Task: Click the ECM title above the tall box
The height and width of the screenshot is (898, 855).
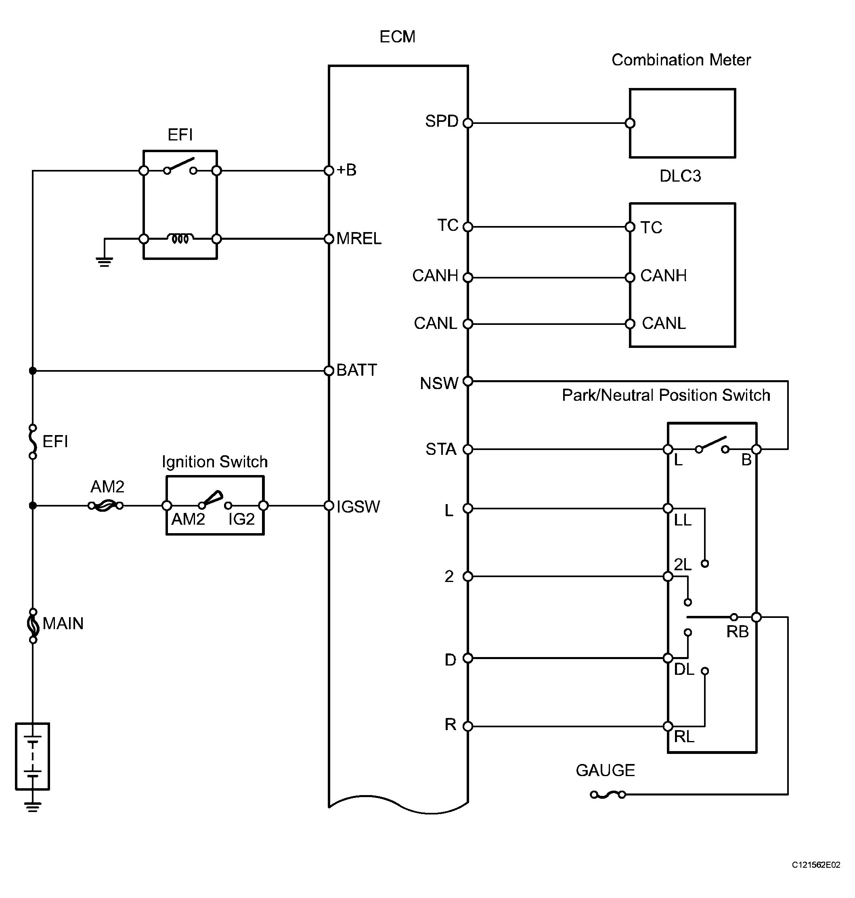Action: pos(397,37)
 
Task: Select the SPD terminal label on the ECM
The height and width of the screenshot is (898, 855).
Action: pos(442,121)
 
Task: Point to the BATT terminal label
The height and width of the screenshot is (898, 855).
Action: pos(357,370)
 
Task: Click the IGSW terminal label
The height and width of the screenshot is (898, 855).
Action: pos(358,507)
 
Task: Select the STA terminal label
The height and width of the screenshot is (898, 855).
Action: pos(441,449)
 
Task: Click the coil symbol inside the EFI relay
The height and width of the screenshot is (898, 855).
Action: pos(180,238)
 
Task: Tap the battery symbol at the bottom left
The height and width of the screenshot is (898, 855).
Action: pos(32,756)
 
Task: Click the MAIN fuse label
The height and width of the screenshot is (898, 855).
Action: pos(63,624)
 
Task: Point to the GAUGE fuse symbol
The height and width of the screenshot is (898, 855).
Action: pos(608,795)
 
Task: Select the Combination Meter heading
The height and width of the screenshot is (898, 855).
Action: pos(681,60)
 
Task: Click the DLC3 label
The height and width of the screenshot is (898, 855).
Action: pos(680,176)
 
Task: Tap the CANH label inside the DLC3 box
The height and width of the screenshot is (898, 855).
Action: pos(663,276)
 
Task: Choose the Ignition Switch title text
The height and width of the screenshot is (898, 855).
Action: pos(215,462)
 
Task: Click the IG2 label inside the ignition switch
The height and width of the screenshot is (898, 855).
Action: pos(241,519)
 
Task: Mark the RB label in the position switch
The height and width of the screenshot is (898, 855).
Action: pos(738,632)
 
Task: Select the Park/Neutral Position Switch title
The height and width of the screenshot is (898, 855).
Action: pos(666,395)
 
